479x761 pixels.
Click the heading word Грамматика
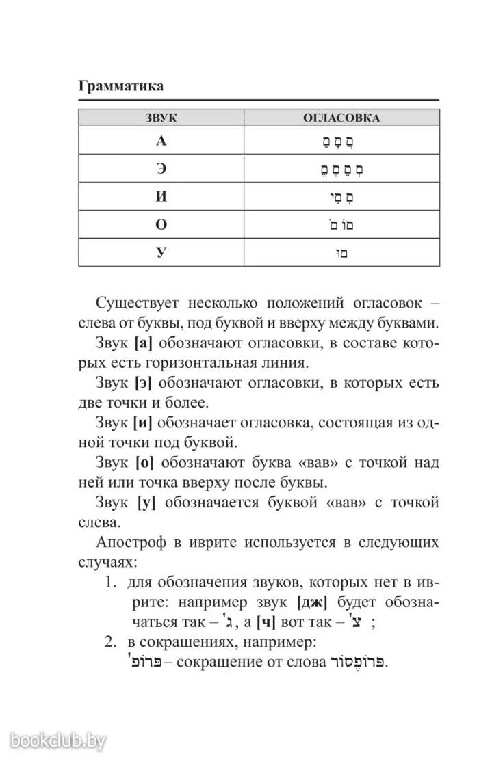click(x=121, y=86)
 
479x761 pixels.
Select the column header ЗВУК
click(x=161, y=118)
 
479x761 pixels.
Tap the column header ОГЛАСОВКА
click(x=341, y=118)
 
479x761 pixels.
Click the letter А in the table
click(x=161, y=142)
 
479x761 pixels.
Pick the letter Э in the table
click(x=161, y=170)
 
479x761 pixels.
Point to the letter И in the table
click(x=161, y=198)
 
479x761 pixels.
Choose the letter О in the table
click(x=161, y=225)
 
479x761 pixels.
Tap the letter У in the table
click(x=161, y=253)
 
